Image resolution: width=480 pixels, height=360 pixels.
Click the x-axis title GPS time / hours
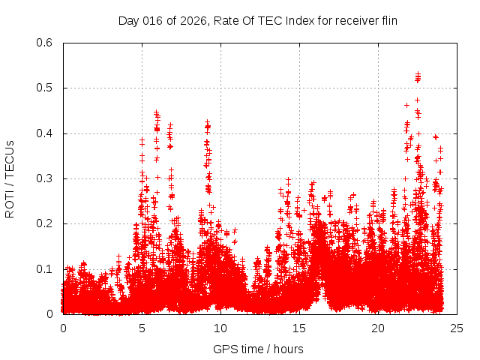tap(258, 349)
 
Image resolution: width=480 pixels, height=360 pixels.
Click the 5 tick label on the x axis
tap(142, 328)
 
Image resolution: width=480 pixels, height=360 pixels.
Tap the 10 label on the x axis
tap(220, 328)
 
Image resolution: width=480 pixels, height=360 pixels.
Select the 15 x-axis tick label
tap(299, 328)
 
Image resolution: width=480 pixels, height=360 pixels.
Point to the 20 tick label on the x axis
tap(378, 328)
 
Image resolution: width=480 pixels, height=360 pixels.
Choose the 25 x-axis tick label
tap(457, 328)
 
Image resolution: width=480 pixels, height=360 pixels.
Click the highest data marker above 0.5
tap(418, 73)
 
